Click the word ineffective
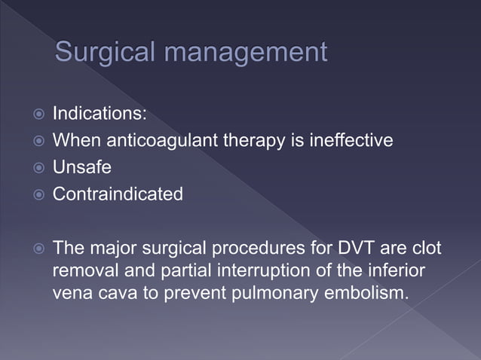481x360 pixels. pos(351,140)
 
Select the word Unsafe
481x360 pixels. pos(81,167)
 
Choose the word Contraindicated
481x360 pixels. pos(118,194)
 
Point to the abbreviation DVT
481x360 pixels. pos(351,248)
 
